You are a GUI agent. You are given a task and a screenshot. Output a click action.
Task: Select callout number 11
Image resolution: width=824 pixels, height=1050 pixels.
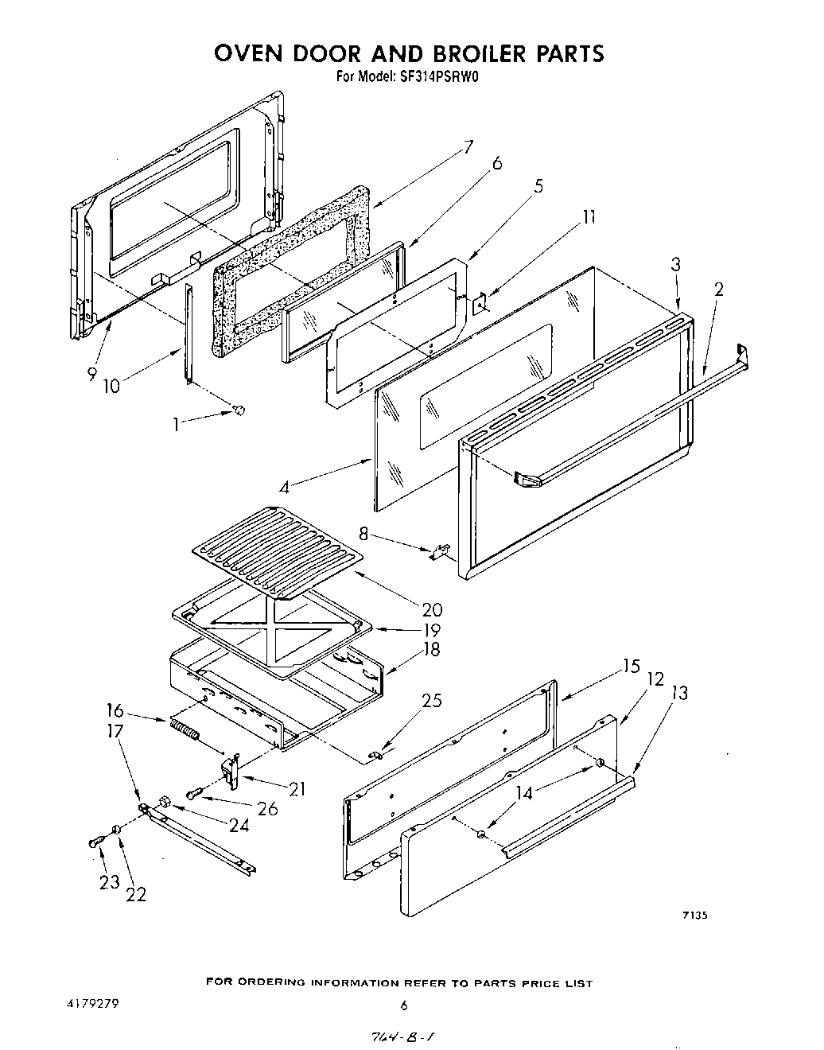(x=589, y=216)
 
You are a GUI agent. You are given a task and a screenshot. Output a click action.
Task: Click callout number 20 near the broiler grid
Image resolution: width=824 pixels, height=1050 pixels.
(x=432, y=609)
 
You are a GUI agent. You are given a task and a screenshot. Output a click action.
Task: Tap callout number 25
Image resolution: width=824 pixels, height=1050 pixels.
(x=432, y=701)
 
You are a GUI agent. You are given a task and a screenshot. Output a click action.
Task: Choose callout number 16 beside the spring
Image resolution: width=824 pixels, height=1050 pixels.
(x=115, y=710)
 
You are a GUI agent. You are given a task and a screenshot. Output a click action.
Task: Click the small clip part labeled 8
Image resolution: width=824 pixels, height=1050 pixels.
(x=441, y=551)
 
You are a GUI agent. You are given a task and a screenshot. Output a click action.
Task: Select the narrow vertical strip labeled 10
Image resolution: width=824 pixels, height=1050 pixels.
(x=189, y=334)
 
